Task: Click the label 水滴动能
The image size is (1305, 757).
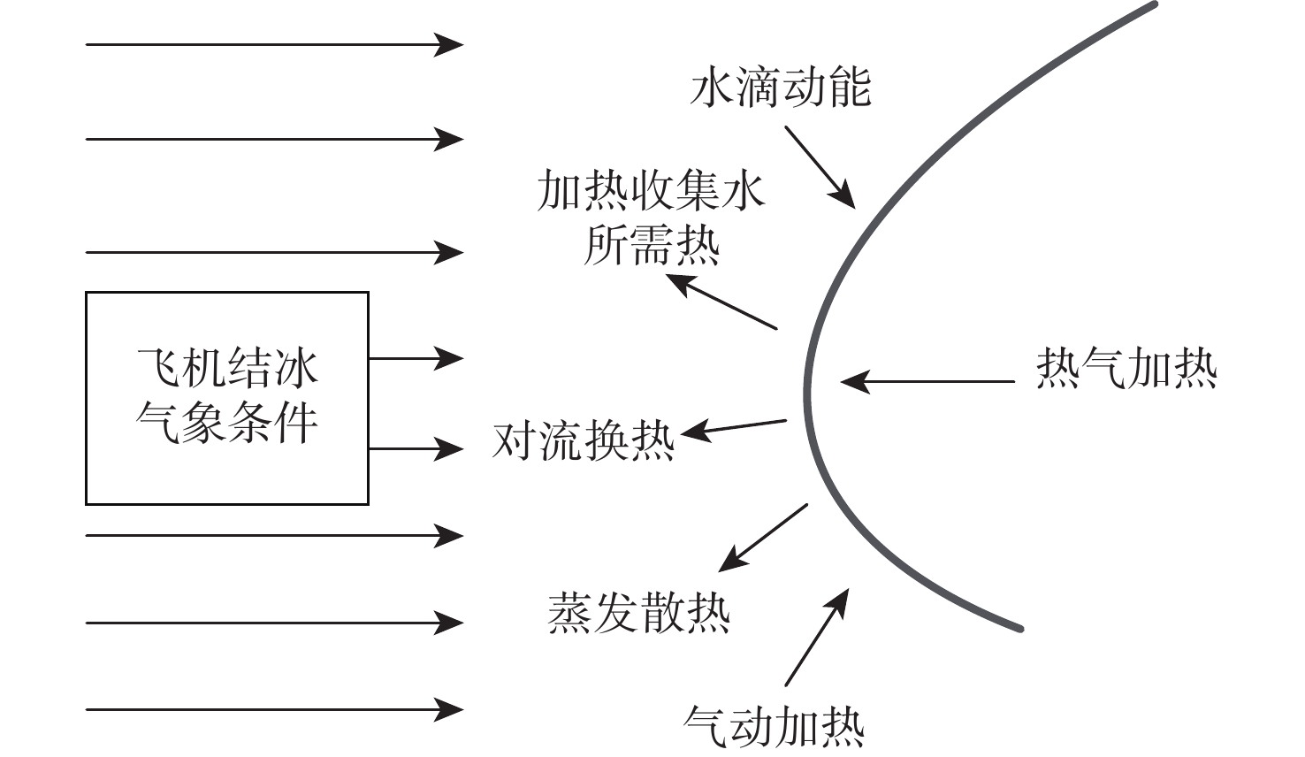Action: [780, 88]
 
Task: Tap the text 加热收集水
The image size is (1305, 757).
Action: [651, 192]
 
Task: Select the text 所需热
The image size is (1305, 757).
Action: [652, 245]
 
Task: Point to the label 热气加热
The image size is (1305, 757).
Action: [1126, 368]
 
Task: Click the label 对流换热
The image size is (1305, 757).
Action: [584, 440]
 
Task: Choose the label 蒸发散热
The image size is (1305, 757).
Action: [638, 613]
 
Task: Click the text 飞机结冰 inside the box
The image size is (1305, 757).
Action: [227, 368]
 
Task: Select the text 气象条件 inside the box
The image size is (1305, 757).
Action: [227, 423]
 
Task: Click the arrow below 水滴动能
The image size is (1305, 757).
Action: [820, 166]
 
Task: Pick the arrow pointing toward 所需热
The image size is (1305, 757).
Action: [721, 302]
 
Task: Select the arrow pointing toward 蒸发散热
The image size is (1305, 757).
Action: [763, 537]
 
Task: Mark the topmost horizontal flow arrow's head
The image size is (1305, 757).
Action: [449, 43]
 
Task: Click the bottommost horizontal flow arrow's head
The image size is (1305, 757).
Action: [449, 709]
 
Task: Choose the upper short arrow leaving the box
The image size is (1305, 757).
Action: [415, 358]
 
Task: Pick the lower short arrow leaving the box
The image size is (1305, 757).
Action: [415, 449]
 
